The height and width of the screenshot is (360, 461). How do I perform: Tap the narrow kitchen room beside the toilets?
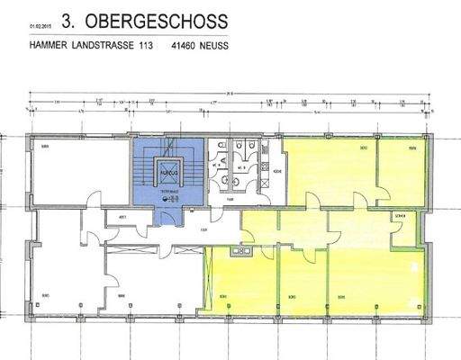[x=278, y=171]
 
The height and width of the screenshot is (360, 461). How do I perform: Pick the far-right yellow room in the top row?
[x=400, y=171]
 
